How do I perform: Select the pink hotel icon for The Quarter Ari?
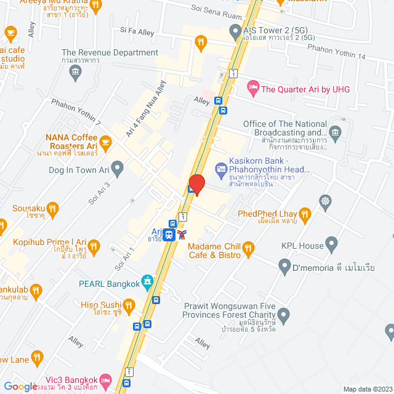[x=252, y=89]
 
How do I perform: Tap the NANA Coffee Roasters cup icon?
[x=105, y=142]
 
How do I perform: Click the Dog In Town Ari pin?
[x=118, y=166]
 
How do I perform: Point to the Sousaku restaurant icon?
[x=52, y=209]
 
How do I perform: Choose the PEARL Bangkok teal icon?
[x=147, y=282]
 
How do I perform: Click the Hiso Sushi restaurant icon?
[x=128, y=305]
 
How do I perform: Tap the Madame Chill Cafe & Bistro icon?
[x=248, y=249]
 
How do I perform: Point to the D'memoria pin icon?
[x=284, y=267]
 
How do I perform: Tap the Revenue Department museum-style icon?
[x=76, y=71]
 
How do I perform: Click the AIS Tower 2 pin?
[x=235, y=31]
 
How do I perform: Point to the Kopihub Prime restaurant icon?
[x=94, y=247]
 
